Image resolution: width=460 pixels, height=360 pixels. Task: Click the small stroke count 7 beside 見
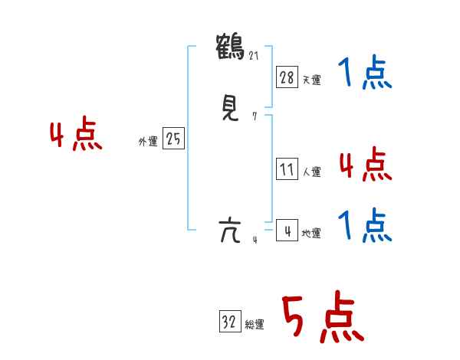[x=255, y=117]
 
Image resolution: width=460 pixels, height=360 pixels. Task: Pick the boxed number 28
[x=287, y=77]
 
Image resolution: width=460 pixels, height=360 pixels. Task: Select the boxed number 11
[x=287, y=169]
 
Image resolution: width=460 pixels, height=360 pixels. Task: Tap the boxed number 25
[x=173, y=139]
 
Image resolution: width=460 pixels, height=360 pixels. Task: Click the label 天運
[x=311, y=80]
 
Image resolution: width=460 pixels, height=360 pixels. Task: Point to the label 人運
[x=311, y=172]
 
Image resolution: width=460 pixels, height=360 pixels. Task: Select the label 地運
[x=311, y=233]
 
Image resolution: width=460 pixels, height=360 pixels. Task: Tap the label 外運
[x=148, y=142]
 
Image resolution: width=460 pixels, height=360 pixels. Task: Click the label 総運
[x=255, y=326]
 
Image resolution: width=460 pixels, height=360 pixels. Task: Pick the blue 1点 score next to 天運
[x=365, y=74]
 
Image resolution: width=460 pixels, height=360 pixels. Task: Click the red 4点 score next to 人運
[x=365, y=165]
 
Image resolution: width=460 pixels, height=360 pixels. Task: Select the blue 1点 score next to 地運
[x=365, y=226]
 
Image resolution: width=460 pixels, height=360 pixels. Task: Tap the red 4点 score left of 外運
[x=75, y=136]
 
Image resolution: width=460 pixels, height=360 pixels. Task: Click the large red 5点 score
[x=322, y=318]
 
